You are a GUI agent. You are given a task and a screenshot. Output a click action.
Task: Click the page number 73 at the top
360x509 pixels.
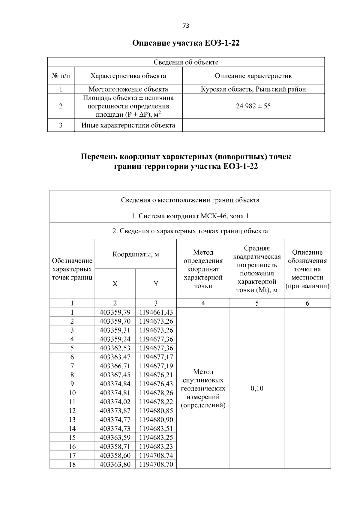(186, 26)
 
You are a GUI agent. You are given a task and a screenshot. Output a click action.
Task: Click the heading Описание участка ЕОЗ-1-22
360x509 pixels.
(186, 43)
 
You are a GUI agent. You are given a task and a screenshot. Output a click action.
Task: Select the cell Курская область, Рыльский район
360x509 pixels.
(253, 89)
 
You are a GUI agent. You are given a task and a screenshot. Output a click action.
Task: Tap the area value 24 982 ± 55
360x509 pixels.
(253, 106)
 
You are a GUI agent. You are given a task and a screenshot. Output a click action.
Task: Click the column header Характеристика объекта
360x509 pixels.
(128, 76)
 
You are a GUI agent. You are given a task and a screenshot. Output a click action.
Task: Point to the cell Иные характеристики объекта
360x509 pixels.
(128, 125)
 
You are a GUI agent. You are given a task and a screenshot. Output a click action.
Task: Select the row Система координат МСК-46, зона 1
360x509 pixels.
(190, 216)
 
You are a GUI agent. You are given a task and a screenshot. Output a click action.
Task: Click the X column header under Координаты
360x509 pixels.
(115, 284)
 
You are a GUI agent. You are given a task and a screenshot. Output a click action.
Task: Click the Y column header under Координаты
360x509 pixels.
(156, 284)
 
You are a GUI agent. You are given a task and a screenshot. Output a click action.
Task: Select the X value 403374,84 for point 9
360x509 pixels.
(115, 384)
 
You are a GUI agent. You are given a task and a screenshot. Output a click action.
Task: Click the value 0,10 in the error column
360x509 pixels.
(257, 388)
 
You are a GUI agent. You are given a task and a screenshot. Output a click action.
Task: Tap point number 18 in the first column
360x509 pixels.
(72, 465)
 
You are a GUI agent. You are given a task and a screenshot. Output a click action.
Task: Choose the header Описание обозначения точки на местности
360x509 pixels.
(307, 269)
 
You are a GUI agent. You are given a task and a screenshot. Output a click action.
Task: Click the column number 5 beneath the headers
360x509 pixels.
(257, 303)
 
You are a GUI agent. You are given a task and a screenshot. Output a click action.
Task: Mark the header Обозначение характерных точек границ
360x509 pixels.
(72, 269)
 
